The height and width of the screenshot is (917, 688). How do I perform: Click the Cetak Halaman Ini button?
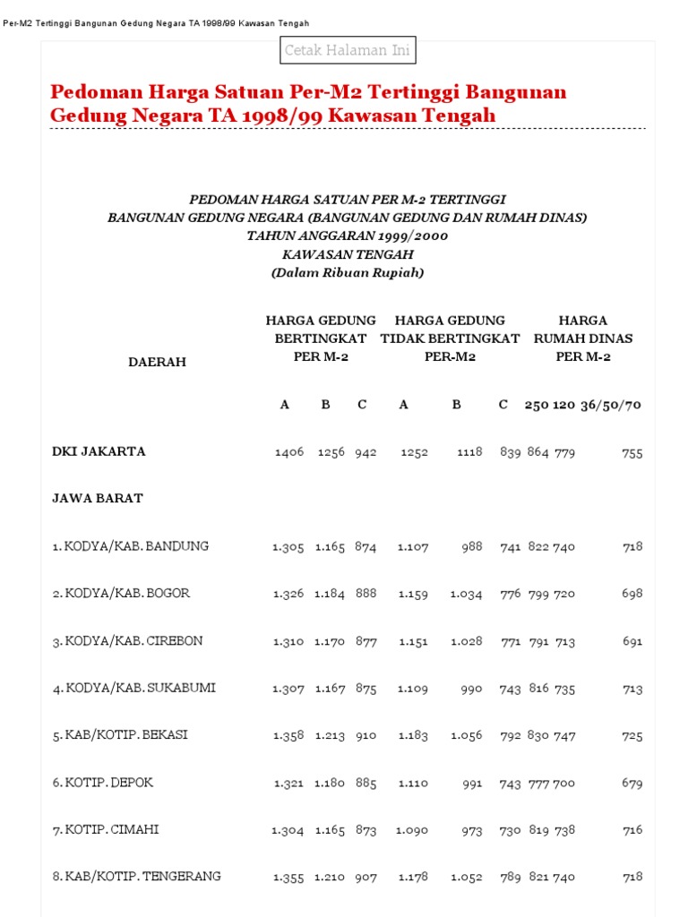coord(348,51)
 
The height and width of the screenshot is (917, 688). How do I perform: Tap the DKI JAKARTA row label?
coord(99,451)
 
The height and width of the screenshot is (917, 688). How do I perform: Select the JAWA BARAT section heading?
coord(98,499)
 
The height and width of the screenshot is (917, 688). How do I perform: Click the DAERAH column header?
coord(157,362)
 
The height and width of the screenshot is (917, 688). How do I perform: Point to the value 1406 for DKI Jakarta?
coord(288,452)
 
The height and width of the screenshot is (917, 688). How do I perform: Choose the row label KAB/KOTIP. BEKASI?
coord(126,735)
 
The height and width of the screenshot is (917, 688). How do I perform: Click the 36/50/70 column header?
coord(611,405)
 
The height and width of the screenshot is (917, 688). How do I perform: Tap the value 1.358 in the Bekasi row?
coord(288,736)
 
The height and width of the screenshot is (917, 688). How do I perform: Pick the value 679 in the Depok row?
coord(632,784)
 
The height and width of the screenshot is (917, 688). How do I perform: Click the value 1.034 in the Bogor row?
coord(466,594)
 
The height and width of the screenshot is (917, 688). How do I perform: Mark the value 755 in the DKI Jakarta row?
coord(632,453)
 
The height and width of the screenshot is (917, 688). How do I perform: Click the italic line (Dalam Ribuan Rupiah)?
coord(348,273)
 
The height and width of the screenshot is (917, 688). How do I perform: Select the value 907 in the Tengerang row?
coord(365,878)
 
